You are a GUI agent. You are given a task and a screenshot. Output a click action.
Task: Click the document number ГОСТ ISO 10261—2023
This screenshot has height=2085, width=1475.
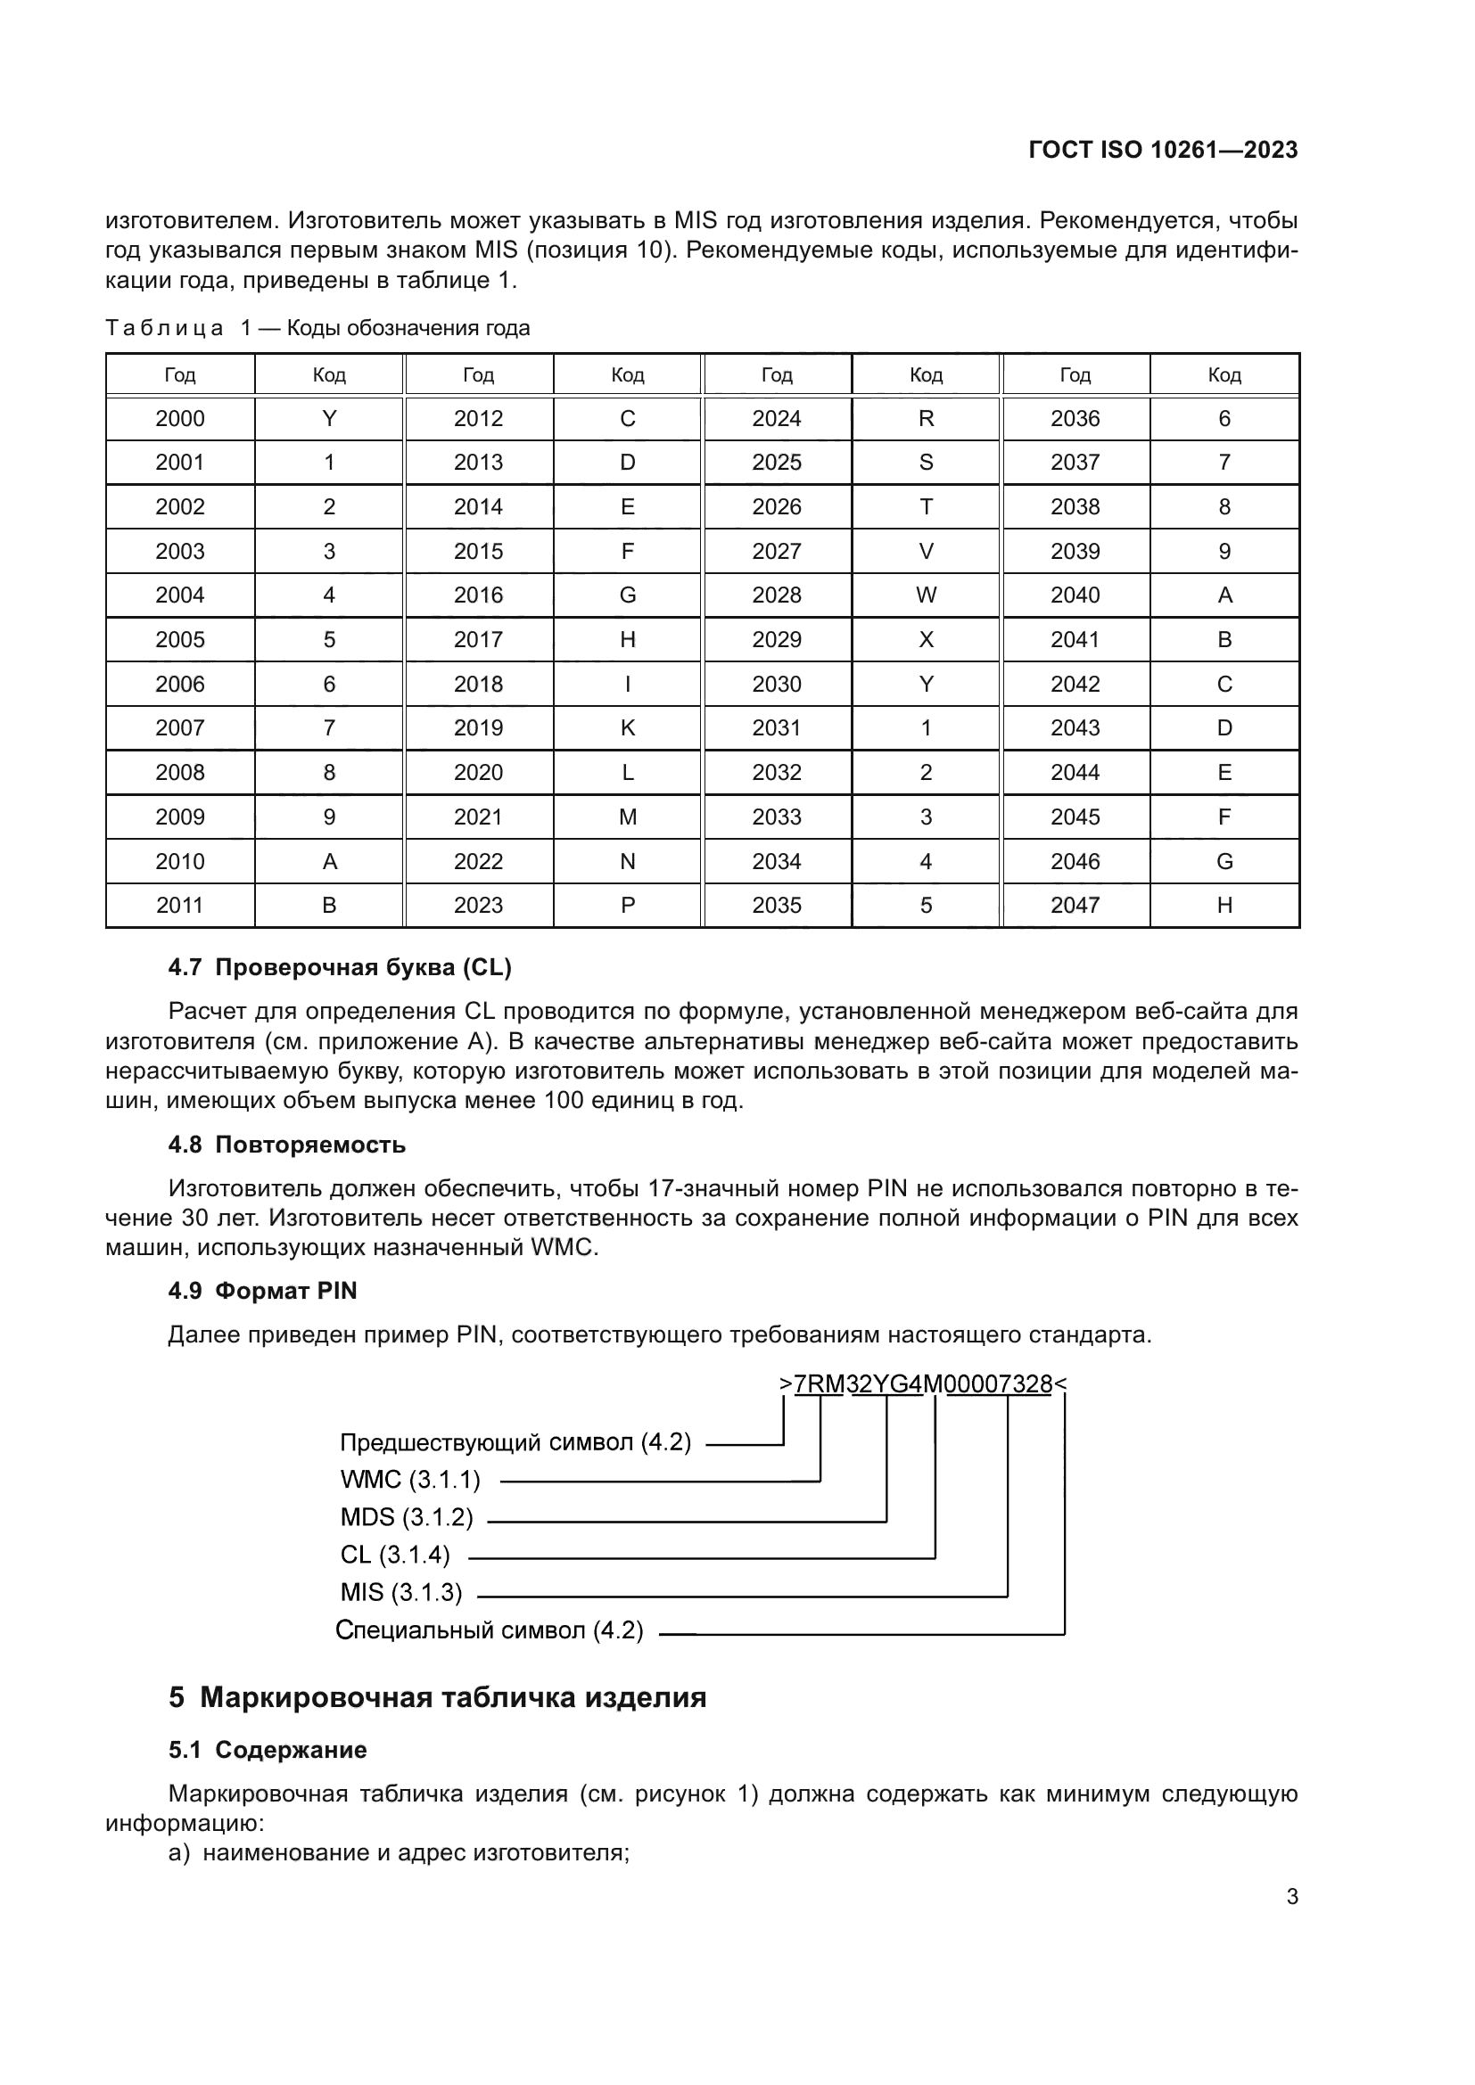point(1163,150)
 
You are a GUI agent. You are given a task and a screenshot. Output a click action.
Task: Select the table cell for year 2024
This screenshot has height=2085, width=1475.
point(777,419)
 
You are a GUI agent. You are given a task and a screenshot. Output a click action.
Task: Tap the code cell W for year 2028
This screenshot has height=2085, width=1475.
point(926,595)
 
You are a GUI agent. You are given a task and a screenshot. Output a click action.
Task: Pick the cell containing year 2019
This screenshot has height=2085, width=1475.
point(478,728)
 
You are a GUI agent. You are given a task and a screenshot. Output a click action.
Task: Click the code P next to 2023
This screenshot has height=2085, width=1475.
point(628,906)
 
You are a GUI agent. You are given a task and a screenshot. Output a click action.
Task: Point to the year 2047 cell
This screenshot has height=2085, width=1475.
point(1075,906)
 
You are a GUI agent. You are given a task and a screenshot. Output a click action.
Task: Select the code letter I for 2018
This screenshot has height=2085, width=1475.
point(628,684)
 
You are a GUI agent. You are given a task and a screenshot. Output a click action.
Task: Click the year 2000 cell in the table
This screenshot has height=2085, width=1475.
point(180,419)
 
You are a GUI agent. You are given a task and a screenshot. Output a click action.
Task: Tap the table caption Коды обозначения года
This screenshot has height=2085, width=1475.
point(408,328)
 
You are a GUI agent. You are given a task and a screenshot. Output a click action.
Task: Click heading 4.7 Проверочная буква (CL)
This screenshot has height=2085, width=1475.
point(340,968)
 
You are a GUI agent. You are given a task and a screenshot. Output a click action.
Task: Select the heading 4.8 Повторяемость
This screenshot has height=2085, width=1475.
point(287,1145)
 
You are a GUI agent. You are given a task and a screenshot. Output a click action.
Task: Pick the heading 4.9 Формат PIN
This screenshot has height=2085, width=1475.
point(262,1292)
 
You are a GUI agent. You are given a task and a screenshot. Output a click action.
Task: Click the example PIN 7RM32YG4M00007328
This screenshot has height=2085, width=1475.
point(923,1385)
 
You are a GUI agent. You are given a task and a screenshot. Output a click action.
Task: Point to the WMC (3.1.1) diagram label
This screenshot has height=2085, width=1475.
point(409,1481)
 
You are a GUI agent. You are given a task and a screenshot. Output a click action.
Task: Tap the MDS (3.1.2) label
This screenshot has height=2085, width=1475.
point(406,1517)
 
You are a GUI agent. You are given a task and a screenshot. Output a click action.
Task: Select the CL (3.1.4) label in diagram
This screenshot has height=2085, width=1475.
point(395,1556)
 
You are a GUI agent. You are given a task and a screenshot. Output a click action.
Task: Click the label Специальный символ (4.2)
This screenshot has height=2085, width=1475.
point(489,1631)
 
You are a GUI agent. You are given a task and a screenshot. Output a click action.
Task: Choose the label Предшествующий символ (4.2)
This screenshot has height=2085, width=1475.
point(515,1443)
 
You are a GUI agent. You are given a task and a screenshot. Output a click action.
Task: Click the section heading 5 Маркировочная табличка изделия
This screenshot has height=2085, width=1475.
point(437,1698)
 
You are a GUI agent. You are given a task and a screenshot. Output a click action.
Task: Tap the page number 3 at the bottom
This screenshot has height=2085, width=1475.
point(1291,1897)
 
